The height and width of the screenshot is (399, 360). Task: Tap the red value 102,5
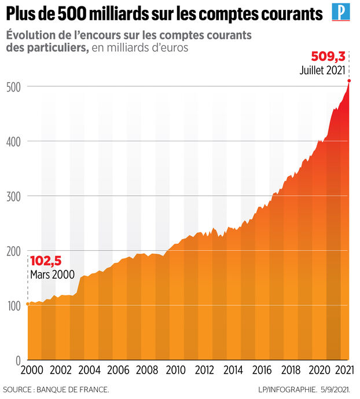(45, 261)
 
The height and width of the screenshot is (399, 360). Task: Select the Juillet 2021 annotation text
(322, 71)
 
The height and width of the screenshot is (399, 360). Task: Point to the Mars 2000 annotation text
(52, 274)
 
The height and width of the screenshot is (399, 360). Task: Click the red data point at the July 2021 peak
(348, 80)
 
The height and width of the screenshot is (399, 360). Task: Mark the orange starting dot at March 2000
(28, 303)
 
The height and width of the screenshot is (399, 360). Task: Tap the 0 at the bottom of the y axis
(19, 360)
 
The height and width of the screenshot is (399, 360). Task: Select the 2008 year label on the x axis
(148, 371)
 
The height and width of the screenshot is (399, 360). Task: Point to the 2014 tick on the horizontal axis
(233, 371)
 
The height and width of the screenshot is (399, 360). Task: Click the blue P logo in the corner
(340, 12)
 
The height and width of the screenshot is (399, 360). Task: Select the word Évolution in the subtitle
(31, 35)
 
